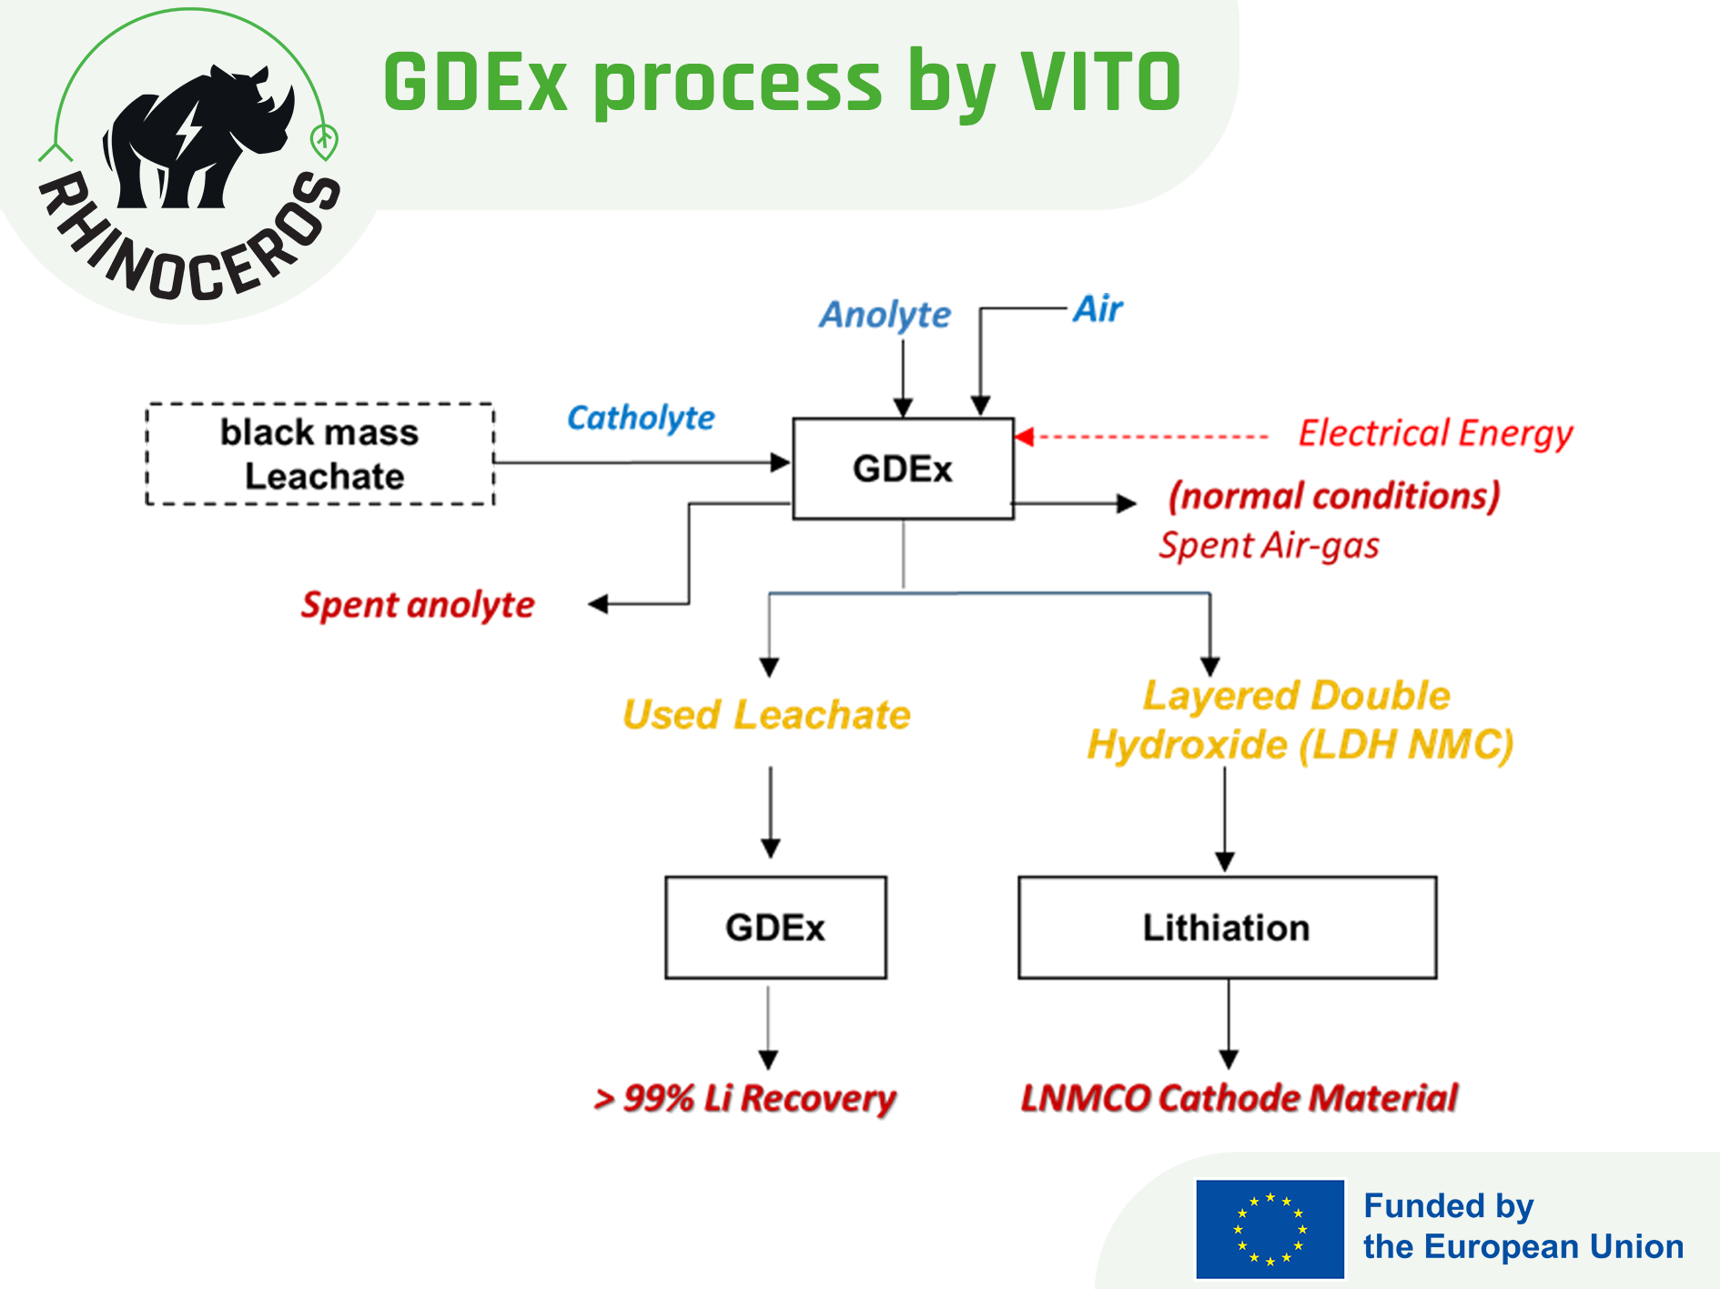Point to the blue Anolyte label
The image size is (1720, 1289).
tap(885, 315)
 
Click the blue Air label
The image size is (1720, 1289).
tap(1098, 309)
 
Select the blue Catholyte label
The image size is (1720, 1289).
tap(641, 418)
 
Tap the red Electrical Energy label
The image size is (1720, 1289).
tap(1435, 434)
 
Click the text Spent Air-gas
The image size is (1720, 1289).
tap(1269, 545)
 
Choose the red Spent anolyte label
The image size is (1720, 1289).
tap(418, 605)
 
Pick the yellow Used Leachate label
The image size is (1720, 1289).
tap(766, 715)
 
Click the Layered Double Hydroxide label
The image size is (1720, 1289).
tap(1300, 720)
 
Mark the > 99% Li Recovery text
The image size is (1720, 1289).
tap(744, 1099)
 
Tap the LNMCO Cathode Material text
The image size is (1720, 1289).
tap(1239, 1098)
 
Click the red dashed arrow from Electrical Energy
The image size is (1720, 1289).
tap(1141, 438)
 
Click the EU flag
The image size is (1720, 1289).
tap(1270, 1229)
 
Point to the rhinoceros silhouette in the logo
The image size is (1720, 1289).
tap(196, 136)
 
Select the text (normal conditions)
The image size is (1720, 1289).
tap(1334, 497)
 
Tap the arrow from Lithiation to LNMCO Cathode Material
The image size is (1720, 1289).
tap(1229, 1024)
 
